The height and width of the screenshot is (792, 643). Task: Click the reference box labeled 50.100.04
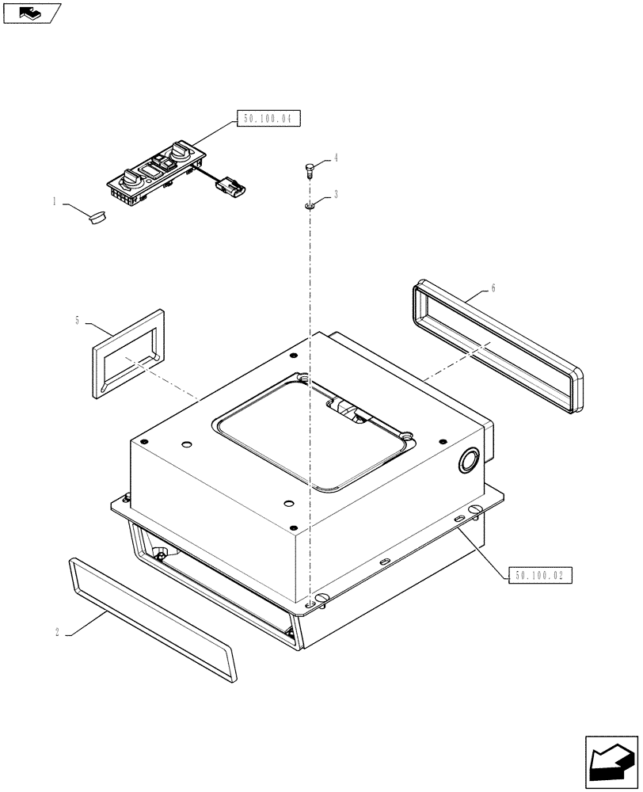point(268,120)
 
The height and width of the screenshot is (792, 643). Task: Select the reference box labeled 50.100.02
point(538,576)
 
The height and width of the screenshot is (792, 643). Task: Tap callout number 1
point(55,202)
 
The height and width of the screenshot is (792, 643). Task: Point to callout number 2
point(58,632)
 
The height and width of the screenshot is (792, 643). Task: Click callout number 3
point(336,194)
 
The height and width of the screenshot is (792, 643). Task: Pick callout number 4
point(336,158)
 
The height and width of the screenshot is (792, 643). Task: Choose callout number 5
point(78,320)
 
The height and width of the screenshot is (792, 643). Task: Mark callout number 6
point(493,288)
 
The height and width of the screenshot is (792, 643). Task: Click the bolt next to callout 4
point(309,169)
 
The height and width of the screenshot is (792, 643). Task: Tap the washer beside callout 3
point(309,206)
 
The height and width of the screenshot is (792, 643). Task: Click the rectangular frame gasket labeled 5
point(128,353)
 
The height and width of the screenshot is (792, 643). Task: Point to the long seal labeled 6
point(497,346)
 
